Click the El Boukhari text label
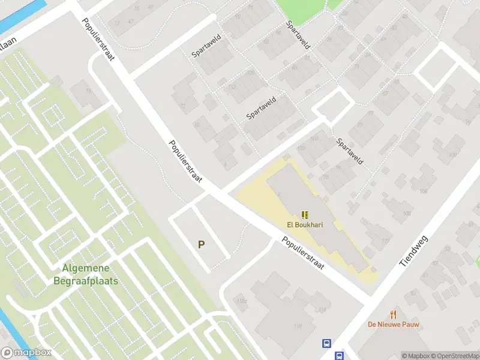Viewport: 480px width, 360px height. tap(305, 226)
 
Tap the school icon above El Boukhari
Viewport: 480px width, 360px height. tap(305, 214)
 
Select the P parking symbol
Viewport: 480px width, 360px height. tap(202, 244)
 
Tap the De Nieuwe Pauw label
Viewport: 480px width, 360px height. tap(394, 325)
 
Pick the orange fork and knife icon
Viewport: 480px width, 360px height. tap(394, 314)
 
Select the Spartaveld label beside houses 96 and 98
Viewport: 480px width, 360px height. tap(350, 151)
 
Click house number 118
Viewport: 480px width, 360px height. tap(298, 326)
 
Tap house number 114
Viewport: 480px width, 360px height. tap(323, 310)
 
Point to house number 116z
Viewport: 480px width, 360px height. tap(242, 301)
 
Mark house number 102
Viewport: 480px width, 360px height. tap(301, 146)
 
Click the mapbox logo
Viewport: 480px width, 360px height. tap(26, 353)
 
